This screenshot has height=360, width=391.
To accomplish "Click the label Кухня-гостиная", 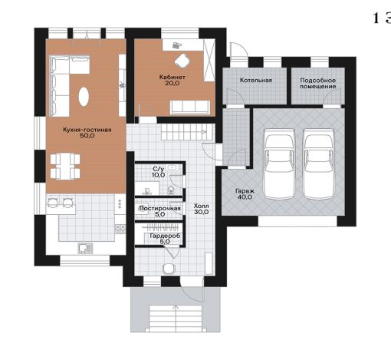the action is click(x=87, y=130).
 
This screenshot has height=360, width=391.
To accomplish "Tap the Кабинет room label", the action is click(x=172, y=77).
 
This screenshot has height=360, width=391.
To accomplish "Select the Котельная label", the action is click(x=256, y=80).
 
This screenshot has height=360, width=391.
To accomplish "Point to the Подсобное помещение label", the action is click(x=317, y=84).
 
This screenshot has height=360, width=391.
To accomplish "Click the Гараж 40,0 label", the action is click(x=245, y=194).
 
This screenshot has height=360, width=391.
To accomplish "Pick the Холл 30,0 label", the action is click(x=201, y=209).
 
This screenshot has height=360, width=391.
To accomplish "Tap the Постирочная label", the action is click(x=160, y=209).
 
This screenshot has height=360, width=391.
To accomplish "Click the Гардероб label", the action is click(x=165, y=236).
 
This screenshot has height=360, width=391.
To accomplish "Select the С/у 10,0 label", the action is click(x=158, y=172).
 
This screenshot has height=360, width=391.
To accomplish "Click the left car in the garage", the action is click(x=279, y=163).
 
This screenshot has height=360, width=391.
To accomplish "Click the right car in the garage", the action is click(x=318, y=163).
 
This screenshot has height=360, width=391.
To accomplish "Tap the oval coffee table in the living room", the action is click(x=84, y=97).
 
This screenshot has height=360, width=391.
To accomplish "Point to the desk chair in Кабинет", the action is click(x=182, y=61).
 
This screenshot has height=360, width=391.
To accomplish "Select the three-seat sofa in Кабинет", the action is click(x=190, y=107).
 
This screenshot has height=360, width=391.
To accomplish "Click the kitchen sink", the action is click(x=85, y=248).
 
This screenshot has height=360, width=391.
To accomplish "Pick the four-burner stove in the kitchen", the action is click(x=120, y=229).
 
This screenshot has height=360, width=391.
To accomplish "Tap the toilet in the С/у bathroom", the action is click(x=171, y=190).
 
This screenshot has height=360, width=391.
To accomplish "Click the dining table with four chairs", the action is click(x=65, y=167).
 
